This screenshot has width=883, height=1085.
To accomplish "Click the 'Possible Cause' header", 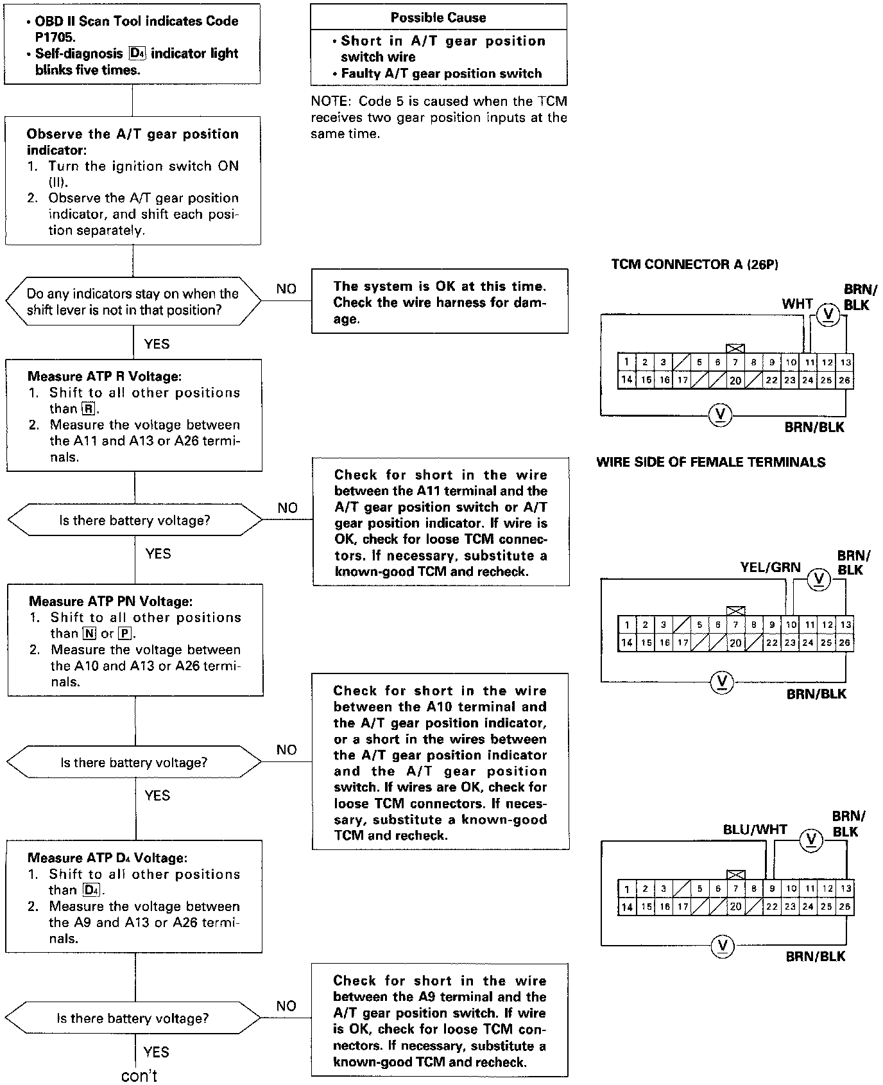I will pyautogui.click(x=438, y=17).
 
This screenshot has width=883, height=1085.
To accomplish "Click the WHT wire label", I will pyautogui.click(x=797, y=304).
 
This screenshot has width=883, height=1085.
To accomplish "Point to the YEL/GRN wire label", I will pyautogui.click(x=770, y=567).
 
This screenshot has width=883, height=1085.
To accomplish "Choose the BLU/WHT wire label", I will pyautogui.click(x=755, y=829).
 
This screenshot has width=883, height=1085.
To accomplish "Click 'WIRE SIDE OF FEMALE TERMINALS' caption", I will pyautogui.click(x=710, y=462).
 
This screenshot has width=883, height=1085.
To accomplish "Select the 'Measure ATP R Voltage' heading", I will pyautogui.click(x=105, y=376).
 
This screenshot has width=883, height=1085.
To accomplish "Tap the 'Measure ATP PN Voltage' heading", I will pyautogui.click(x=110, y=602).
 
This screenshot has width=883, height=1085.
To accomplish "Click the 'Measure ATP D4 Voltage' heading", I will pyautogui.click(x=107, y=858).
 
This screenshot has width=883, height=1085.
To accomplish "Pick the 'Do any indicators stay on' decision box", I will pyautogui.click(x=133, y=302).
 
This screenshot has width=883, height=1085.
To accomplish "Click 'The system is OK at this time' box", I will pyautogui.click(x=440, y=301).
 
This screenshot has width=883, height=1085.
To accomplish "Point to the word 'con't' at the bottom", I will pyautogui.click(x=139, y=1075).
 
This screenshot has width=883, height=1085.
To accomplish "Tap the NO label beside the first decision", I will pyautogui.click(x=286, y=289).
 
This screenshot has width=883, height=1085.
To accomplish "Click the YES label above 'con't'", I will pyautogui.click(x=156, y=1052).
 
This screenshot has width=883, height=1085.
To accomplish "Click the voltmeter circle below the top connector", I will pyautogui.click(x=720, y=414).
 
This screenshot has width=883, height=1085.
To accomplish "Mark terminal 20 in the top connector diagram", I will pyautogui.click(x=735, y=380).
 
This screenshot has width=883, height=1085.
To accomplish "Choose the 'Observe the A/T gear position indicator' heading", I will pyautogui.click(x=132, y=142).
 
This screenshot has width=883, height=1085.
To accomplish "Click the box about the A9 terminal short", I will pyautogui.click(x=440, y=1020).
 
